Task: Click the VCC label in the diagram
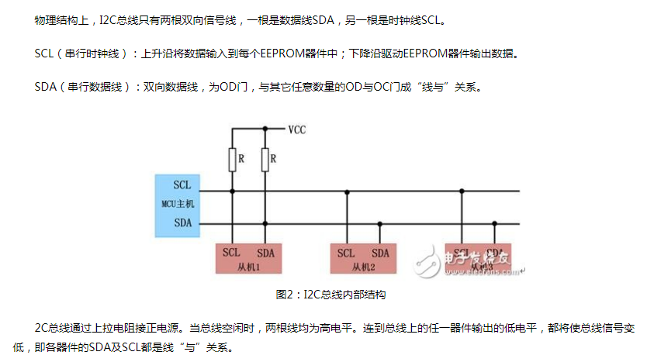(296, 129)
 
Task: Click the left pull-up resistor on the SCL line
(232, 160)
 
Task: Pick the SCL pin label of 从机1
(232, 253)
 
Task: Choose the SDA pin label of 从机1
(265, 253)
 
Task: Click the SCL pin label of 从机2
(347, 253)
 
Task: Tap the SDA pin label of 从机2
(380, 253)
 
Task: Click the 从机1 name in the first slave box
(247, 266)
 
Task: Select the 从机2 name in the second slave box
(362, 266)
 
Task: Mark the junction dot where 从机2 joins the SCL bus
(347, 191)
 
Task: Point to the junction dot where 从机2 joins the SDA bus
(380, 225)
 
